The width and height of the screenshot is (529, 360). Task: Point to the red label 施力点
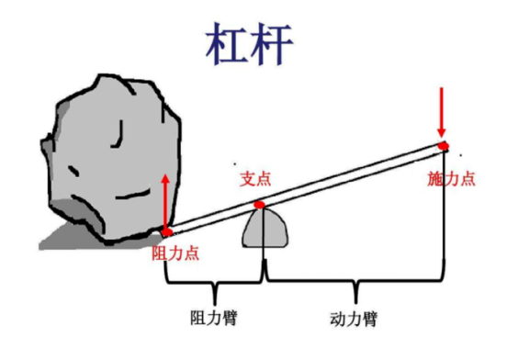(x=451, y=177)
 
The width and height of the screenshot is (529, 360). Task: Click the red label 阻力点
(x=175, y=250)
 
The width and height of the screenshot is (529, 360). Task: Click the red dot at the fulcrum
(x=260, y=204)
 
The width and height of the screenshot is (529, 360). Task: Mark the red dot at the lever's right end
(x=443, y=145)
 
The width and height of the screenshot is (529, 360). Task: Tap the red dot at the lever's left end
(x=166, y=231)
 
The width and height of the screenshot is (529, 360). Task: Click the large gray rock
(x=115, y=156)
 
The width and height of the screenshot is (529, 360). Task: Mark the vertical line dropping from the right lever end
(x=444, y=220)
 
